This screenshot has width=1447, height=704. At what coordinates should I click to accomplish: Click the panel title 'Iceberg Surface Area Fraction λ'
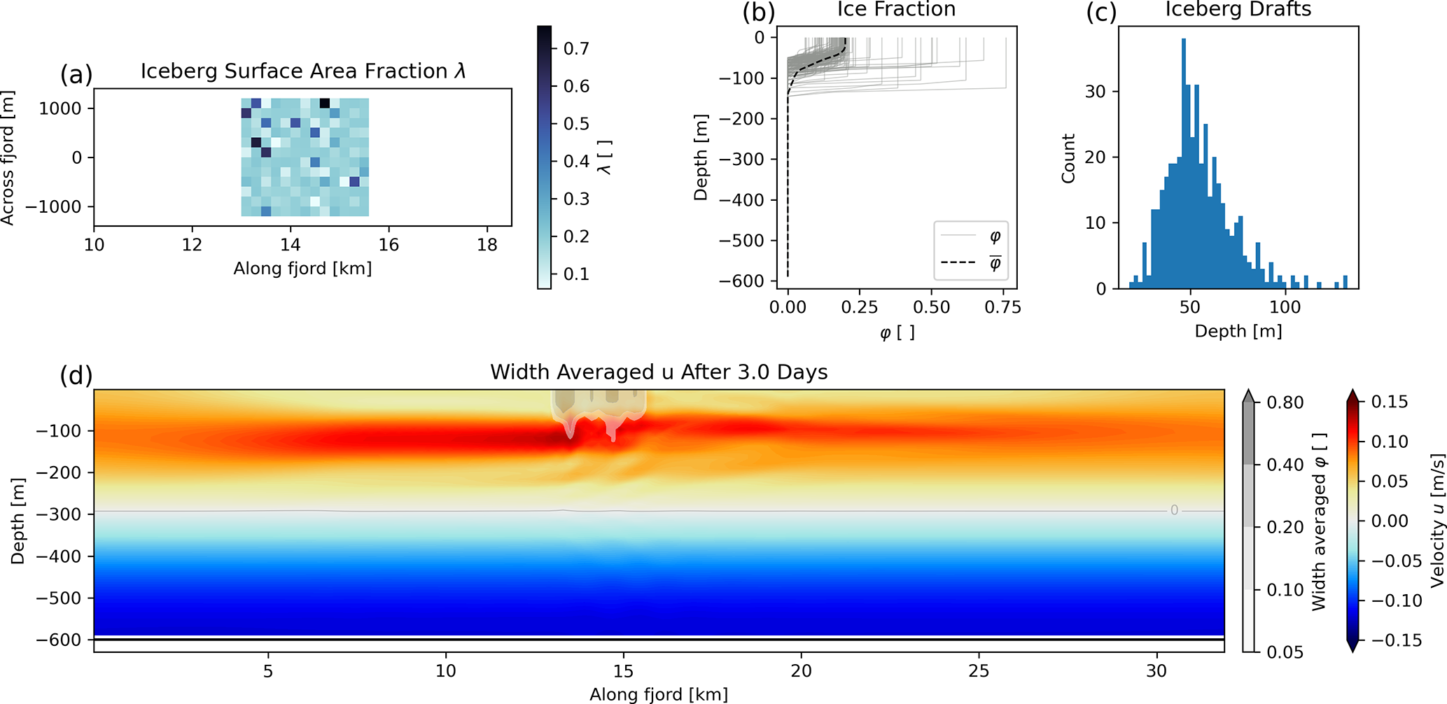(x=302, y=71)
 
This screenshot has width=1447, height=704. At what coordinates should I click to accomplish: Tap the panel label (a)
(x=76, y=74)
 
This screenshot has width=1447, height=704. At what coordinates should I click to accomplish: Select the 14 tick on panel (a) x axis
(x=291, y=245)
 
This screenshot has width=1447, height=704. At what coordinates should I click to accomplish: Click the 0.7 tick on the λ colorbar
(x=576, y=49)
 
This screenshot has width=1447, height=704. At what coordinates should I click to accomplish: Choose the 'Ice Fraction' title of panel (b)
(x=896, y=10)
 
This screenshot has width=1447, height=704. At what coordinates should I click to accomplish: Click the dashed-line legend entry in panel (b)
(x=970, y=262)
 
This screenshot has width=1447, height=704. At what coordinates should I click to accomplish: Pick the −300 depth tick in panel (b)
(x=742, y=160)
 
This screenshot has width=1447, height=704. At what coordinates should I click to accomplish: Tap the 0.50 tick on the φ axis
(x=931, y=307)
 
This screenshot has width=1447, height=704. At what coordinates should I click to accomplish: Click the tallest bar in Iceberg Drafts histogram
(x=1184, y=161)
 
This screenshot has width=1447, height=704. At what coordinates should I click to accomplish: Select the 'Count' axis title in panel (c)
(x=1068, y=159)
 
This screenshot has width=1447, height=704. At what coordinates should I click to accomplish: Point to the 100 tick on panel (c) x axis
(x=1285, y=307)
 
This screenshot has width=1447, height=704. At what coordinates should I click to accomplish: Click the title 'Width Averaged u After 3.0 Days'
(x=659, y=372)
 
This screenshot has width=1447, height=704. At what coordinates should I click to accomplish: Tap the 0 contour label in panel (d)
(x=1174, y=511)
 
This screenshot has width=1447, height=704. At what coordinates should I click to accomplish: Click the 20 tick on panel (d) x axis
(x=801, y=671)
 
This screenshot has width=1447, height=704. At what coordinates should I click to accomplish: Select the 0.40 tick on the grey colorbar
(x=1285, y=465)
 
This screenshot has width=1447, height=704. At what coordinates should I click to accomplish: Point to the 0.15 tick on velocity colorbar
(x=1389, y=402)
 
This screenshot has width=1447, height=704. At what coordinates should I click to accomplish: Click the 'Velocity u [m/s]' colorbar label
(x=1437, y=521)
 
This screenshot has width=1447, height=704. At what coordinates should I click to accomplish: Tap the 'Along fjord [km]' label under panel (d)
(x=659, y=694)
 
